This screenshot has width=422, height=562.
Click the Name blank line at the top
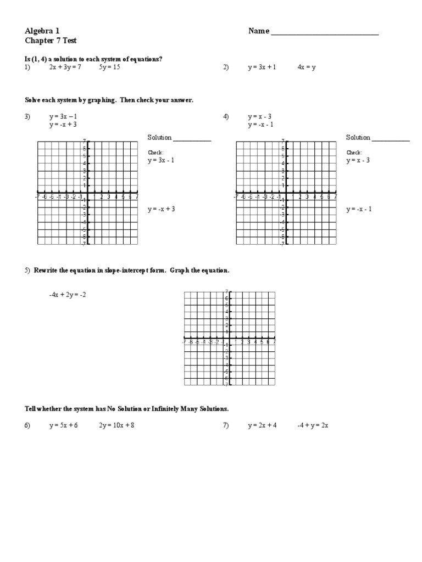tap(324, 34)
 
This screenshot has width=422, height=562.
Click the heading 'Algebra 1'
tap(42, 31)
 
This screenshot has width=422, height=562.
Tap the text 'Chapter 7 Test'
tap(48, 41)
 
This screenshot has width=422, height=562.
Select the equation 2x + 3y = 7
tap(65, 68)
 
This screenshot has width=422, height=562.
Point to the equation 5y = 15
tap(109, 68)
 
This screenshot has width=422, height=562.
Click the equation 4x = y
tap(307, 68)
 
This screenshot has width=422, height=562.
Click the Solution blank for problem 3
tap(192, 140)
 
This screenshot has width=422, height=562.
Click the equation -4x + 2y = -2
tap(68, 295)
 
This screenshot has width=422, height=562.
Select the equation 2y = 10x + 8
tap(116, 425)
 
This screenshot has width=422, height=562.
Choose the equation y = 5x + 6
tap(63, 425)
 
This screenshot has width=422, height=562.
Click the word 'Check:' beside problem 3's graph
tap(156, 153)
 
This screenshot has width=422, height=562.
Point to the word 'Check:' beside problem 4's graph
tap(354, 153)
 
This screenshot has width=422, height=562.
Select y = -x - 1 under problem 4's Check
tap(359, 209)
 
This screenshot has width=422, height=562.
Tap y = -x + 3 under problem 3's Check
tap(161, 209)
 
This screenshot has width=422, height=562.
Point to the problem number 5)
tap(27, 271)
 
